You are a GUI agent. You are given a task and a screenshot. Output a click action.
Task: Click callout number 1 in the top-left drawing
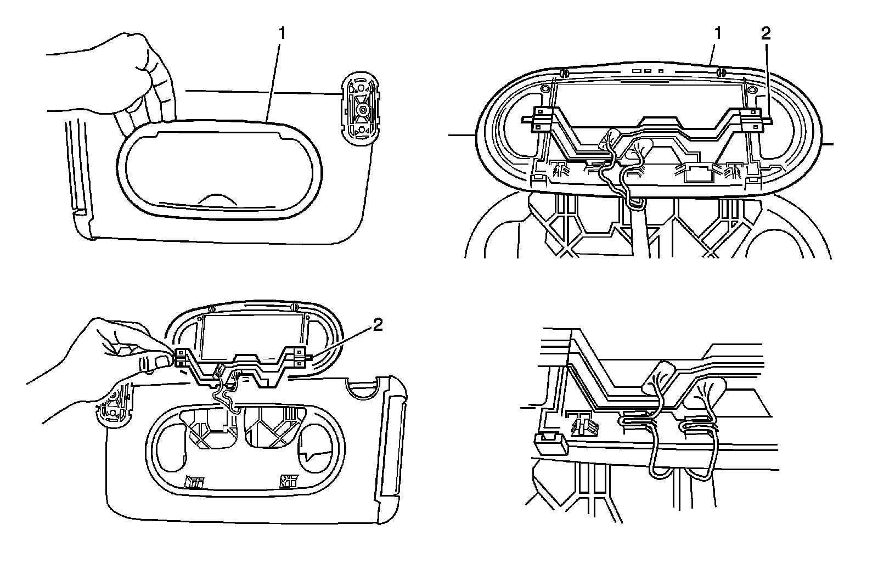pos(282,33)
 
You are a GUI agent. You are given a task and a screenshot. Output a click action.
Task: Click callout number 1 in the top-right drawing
pos(718,33)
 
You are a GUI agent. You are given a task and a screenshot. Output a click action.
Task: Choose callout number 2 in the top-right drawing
pos(766,33)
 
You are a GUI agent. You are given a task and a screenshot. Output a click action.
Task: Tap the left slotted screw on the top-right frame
pos(562,73)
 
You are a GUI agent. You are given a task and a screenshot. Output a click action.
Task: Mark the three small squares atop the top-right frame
pos(648,71)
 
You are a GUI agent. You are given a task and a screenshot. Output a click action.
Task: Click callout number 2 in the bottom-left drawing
pos(376,326)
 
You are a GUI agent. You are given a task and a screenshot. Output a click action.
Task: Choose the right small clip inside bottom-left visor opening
pos(288,481)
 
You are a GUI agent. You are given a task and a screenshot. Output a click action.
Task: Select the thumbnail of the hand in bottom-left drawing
pos(160,361)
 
